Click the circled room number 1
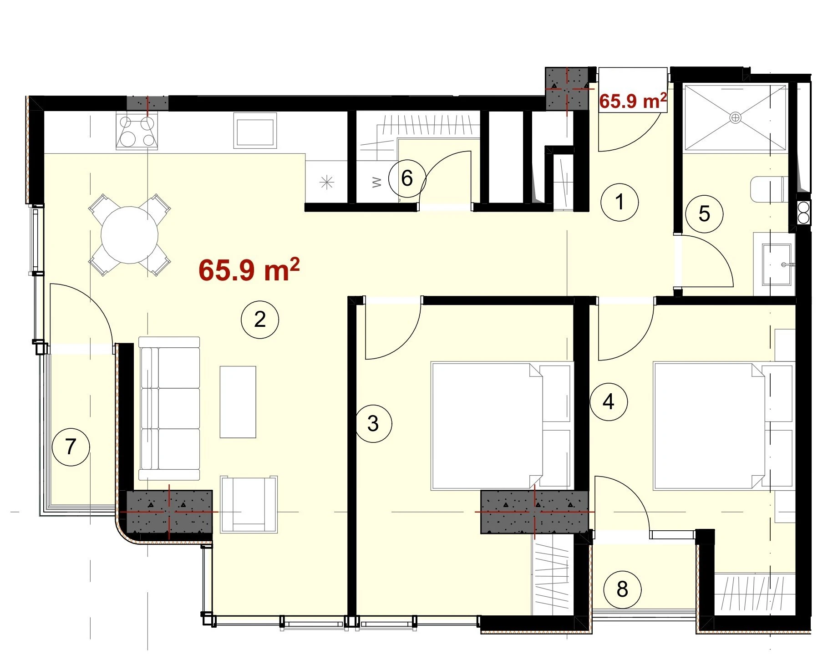pos(620,202)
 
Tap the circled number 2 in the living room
pos(260,320)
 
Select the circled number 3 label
pos(373,424)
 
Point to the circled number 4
pos(609,402)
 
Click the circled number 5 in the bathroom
pos(704,214)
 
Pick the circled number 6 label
pos(407,178)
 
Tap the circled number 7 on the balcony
pos(71,447)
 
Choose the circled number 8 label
pos(622,589)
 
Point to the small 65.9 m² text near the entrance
pos(633,101)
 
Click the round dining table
pos(130,235)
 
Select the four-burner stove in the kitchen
pos(137,132)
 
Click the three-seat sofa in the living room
pos(169,408)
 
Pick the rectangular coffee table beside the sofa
pos(238,402)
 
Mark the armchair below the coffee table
pos(249,504)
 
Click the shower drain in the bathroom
pos(735,118)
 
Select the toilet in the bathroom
pos(769,189)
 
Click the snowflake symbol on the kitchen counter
pos(327,183)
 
